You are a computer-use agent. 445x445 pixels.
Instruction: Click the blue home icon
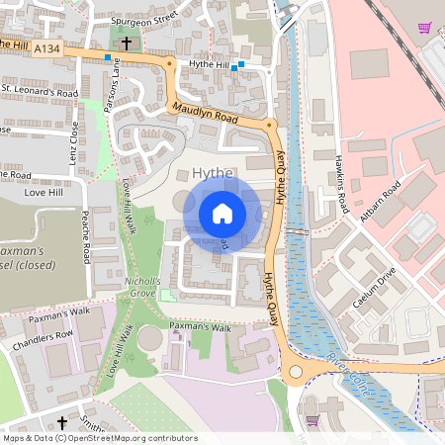[x=222, y=214]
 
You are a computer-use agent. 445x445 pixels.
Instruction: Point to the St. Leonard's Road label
[x=40, y=91]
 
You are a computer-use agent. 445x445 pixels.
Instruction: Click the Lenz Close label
[x=74, y=144]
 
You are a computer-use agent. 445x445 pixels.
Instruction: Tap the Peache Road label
[x=87, y=236]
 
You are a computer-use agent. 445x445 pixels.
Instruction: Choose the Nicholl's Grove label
[x=143, y=286]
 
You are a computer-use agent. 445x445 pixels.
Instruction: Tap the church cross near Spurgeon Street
[x=127, y=44]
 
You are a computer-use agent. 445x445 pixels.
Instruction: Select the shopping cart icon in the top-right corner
[x=424, y=28]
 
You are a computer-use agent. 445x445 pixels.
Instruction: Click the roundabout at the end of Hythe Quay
[x=296, y=374]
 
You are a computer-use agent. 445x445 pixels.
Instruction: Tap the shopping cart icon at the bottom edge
[x=312, y=419]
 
